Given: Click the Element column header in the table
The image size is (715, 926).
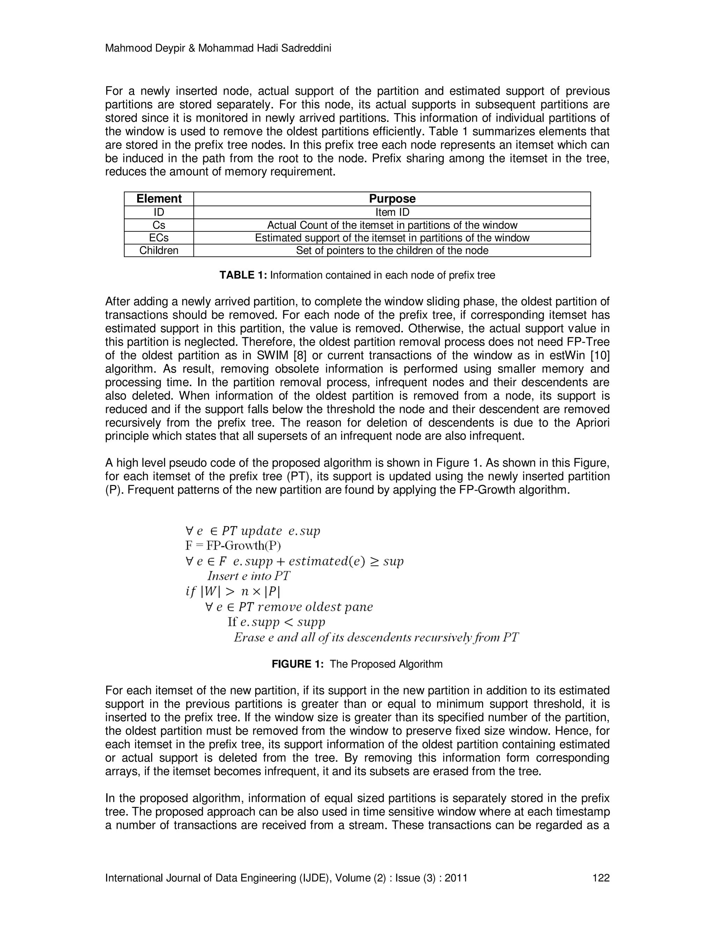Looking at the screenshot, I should (159, 199).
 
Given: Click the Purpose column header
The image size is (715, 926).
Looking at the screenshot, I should (392, 199).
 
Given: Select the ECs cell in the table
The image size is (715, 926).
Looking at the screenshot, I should (159, 238).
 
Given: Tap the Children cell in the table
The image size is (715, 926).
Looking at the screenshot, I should (159, 251).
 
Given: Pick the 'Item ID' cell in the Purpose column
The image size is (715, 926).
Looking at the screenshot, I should (392, 212).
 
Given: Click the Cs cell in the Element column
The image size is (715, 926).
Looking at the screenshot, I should (159, 225).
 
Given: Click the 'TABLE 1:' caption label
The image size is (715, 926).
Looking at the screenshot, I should (243, 276).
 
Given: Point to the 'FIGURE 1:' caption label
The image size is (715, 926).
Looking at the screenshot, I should (297, 664).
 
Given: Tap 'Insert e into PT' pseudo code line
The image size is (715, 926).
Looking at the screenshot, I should (249, 576).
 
